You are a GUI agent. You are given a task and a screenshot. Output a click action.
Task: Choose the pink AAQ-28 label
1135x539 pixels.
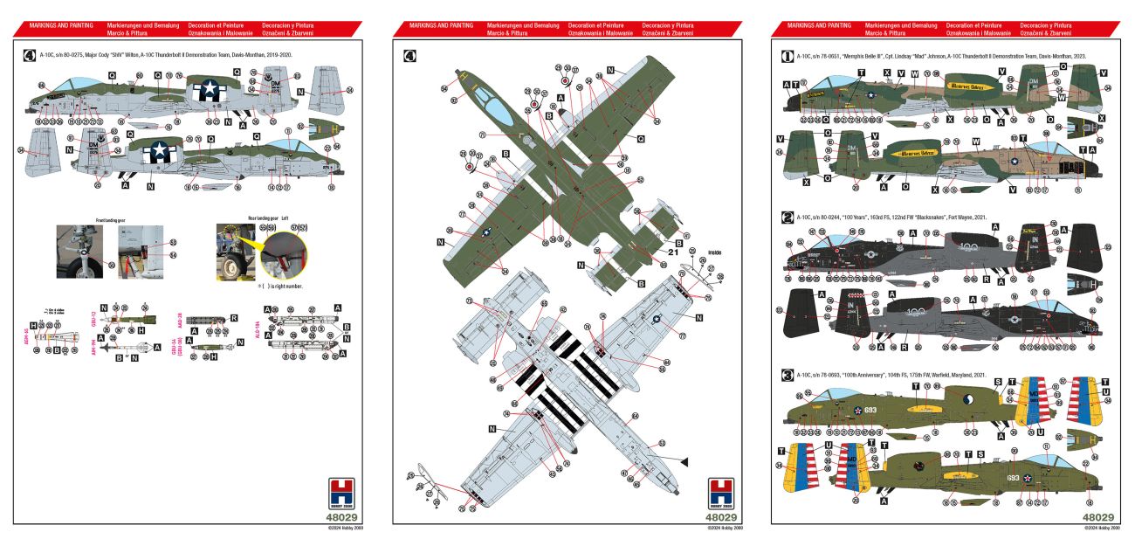click(x=179, y=319)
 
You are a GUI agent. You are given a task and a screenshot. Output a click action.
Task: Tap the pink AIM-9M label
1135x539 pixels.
click(x=93, y=351)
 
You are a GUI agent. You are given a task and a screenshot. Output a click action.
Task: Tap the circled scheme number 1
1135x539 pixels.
click(x=787, y=56)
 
